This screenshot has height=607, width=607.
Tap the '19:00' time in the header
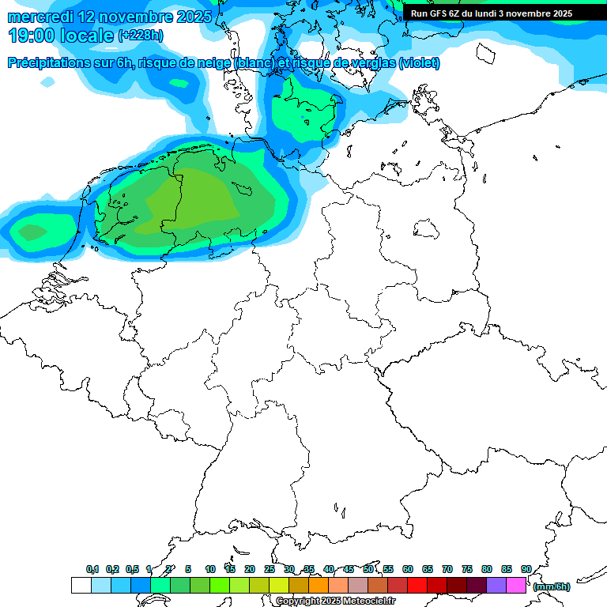(x=31, y=36)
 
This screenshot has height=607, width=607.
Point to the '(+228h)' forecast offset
(x=141, y=36)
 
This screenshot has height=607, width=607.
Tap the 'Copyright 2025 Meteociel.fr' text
(x=336, y=601)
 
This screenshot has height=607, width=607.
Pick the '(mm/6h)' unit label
(x=551, y=586)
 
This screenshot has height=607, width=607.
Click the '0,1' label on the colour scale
(x=92, y=569)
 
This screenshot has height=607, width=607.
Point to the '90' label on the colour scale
(x=526, y=569)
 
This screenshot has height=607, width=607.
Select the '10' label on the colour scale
(x=210, y=569)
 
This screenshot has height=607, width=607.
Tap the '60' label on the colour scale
(x=408, y=569)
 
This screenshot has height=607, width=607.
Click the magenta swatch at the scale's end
(x=515, y=586)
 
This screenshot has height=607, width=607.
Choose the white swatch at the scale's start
(x=81, y=586)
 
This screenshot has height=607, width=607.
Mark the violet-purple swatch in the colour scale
(x=496, y=586)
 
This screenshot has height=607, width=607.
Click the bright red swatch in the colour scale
(x=417, y=586)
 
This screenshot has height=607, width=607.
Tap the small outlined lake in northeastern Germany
(x=428, y=230)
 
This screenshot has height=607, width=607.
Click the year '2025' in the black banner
(x=561, y=13)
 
